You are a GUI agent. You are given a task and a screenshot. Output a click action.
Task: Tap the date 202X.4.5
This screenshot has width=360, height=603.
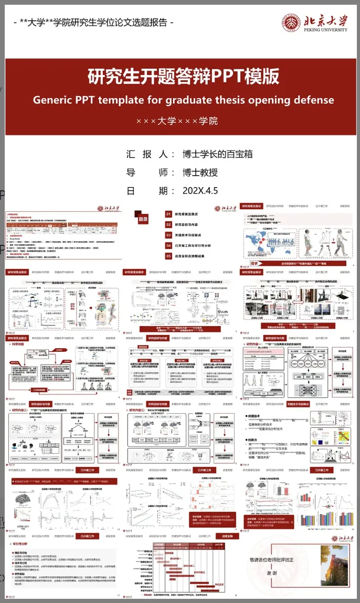point(200,191)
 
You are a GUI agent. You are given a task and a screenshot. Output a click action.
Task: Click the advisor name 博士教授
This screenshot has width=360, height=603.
point(200,173)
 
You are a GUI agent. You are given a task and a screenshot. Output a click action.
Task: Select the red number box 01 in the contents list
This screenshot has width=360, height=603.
point(168,214)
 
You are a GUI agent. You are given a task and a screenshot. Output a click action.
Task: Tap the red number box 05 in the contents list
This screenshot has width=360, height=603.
point(168,256)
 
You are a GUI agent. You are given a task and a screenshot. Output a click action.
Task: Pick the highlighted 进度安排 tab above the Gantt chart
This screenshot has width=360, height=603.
point(227,536)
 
